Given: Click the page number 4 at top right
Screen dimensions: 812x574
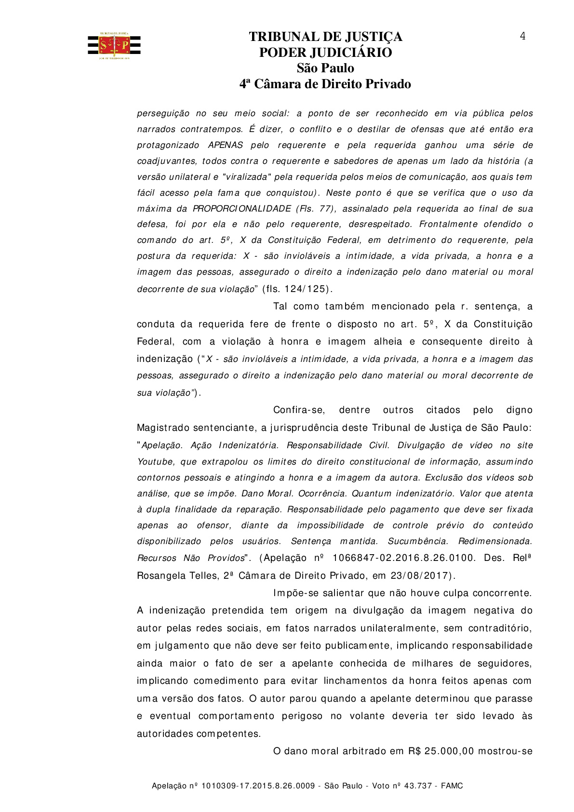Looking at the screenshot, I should coord(522,37).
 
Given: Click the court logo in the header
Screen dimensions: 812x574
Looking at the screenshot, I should coord(114,46).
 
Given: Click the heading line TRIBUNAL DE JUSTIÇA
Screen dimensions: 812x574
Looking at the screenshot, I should coord(325,37).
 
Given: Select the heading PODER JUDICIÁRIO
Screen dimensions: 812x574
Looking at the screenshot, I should coord(325,53).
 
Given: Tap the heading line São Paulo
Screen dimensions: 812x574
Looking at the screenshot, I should coord(325,68).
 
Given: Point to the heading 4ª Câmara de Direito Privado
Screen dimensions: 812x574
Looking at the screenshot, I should coord(325,84).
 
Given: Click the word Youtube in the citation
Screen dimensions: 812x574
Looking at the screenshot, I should coord(155,462).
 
